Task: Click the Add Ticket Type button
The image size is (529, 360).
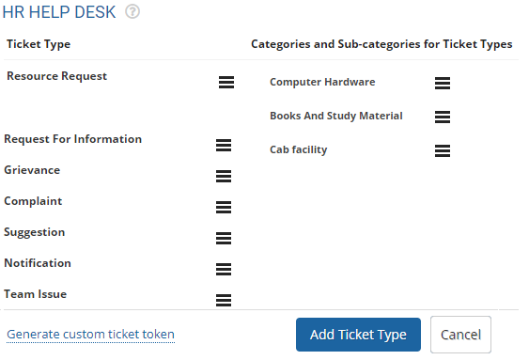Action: coord(358,335)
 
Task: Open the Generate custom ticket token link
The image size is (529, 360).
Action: coord(90,335)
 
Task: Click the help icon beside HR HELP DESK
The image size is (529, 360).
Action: coord(132,13)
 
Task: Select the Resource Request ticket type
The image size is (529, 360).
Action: coord(56,76)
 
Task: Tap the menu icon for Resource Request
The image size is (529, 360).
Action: coord(226,83)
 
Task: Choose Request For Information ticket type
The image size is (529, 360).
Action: coord(72,139)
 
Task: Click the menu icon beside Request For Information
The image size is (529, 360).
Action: coord(224,145)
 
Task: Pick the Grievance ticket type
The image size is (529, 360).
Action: coord(32,170)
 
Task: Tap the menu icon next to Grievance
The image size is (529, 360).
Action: coord(224,176)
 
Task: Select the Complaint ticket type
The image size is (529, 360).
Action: coord(33,201)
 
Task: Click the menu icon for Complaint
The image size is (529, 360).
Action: coord(224,207)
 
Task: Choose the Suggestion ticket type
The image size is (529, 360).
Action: coord(35,232)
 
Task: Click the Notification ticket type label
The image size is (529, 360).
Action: coord(38,263)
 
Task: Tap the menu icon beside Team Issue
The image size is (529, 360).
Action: coord(224,300)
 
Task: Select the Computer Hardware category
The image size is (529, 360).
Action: coord(322,82)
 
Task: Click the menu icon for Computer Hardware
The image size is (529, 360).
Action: coord(443,83)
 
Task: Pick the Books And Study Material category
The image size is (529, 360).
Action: coord(336,116)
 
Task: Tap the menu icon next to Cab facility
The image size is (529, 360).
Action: coord(443,150)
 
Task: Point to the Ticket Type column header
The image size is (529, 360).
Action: coord(39,44)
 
